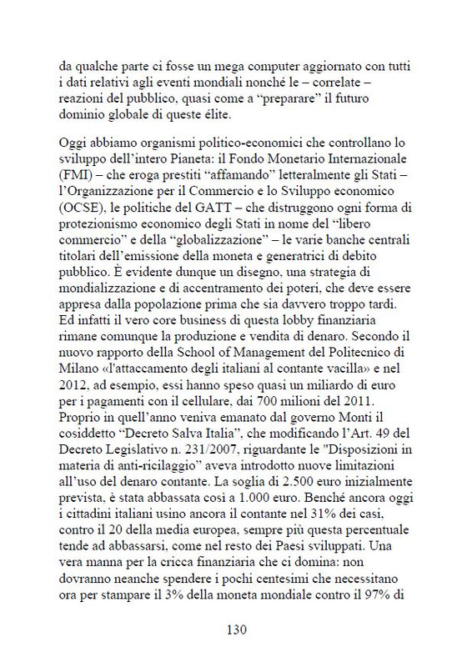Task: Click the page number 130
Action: [235, 630]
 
